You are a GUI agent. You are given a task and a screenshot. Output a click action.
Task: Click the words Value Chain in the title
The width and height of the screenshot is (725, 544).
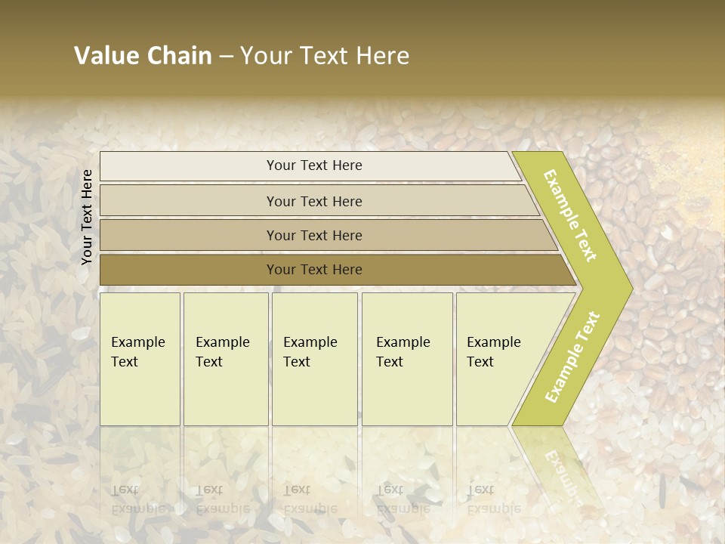pos(143,56)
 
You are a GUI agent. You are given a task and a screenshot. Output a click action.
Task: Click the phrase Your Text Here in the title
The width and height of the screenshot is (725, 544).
pos(325,56)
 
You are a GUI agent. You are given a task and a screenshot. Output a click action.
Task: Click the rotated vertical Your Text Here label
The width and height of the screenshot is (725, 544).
pos(87,217)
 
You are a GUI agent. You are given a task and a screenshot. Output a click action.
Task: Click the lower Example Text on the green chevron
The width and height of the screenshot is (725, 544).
pos(572,357)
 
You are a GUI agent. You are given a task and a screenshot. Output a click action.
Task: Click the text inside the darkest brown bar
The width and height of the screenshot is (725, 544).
pos(314,270)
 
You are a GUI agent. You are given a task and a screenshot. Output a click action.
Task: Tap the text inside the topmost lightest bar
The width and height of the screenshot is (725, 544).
pos(314,165)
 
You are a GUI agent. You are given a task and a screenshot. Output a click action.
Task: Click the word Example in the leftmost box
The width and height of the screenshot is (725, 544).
pos(137,342)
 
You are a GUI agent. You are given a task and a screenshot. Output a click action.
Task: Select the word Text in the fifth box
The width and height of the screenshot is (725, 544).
pos(480,362)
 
